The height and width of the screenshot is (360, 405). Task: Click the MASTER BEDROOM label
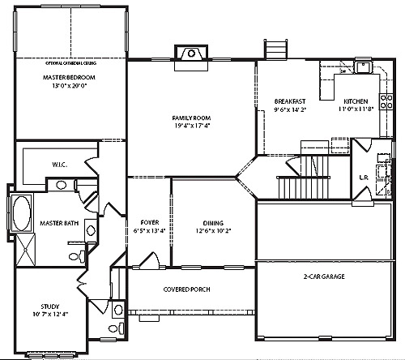pos(69,77)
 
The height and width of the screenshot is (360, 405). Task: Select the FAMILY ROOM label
pos(191,117)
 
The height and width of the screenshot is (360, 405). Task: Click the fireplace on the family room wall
pos(191,54)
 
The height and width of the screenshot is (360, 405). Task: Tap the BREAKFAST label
pos(290,101)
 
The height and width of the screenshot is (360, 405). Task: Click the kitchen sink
pos(364,66)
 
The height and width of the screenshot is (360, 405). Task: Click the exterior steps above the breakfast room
pos(276,48)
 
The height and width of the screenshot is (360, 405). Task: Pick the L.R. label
pos(364,177)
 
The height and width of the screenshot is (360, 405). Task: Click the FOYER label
pos(150,221)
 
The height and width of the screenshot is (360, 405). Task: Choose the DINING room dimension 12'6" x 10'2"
pos(214,230)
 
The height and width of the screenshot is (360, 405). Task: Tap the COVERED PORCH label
pos(188,289)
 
